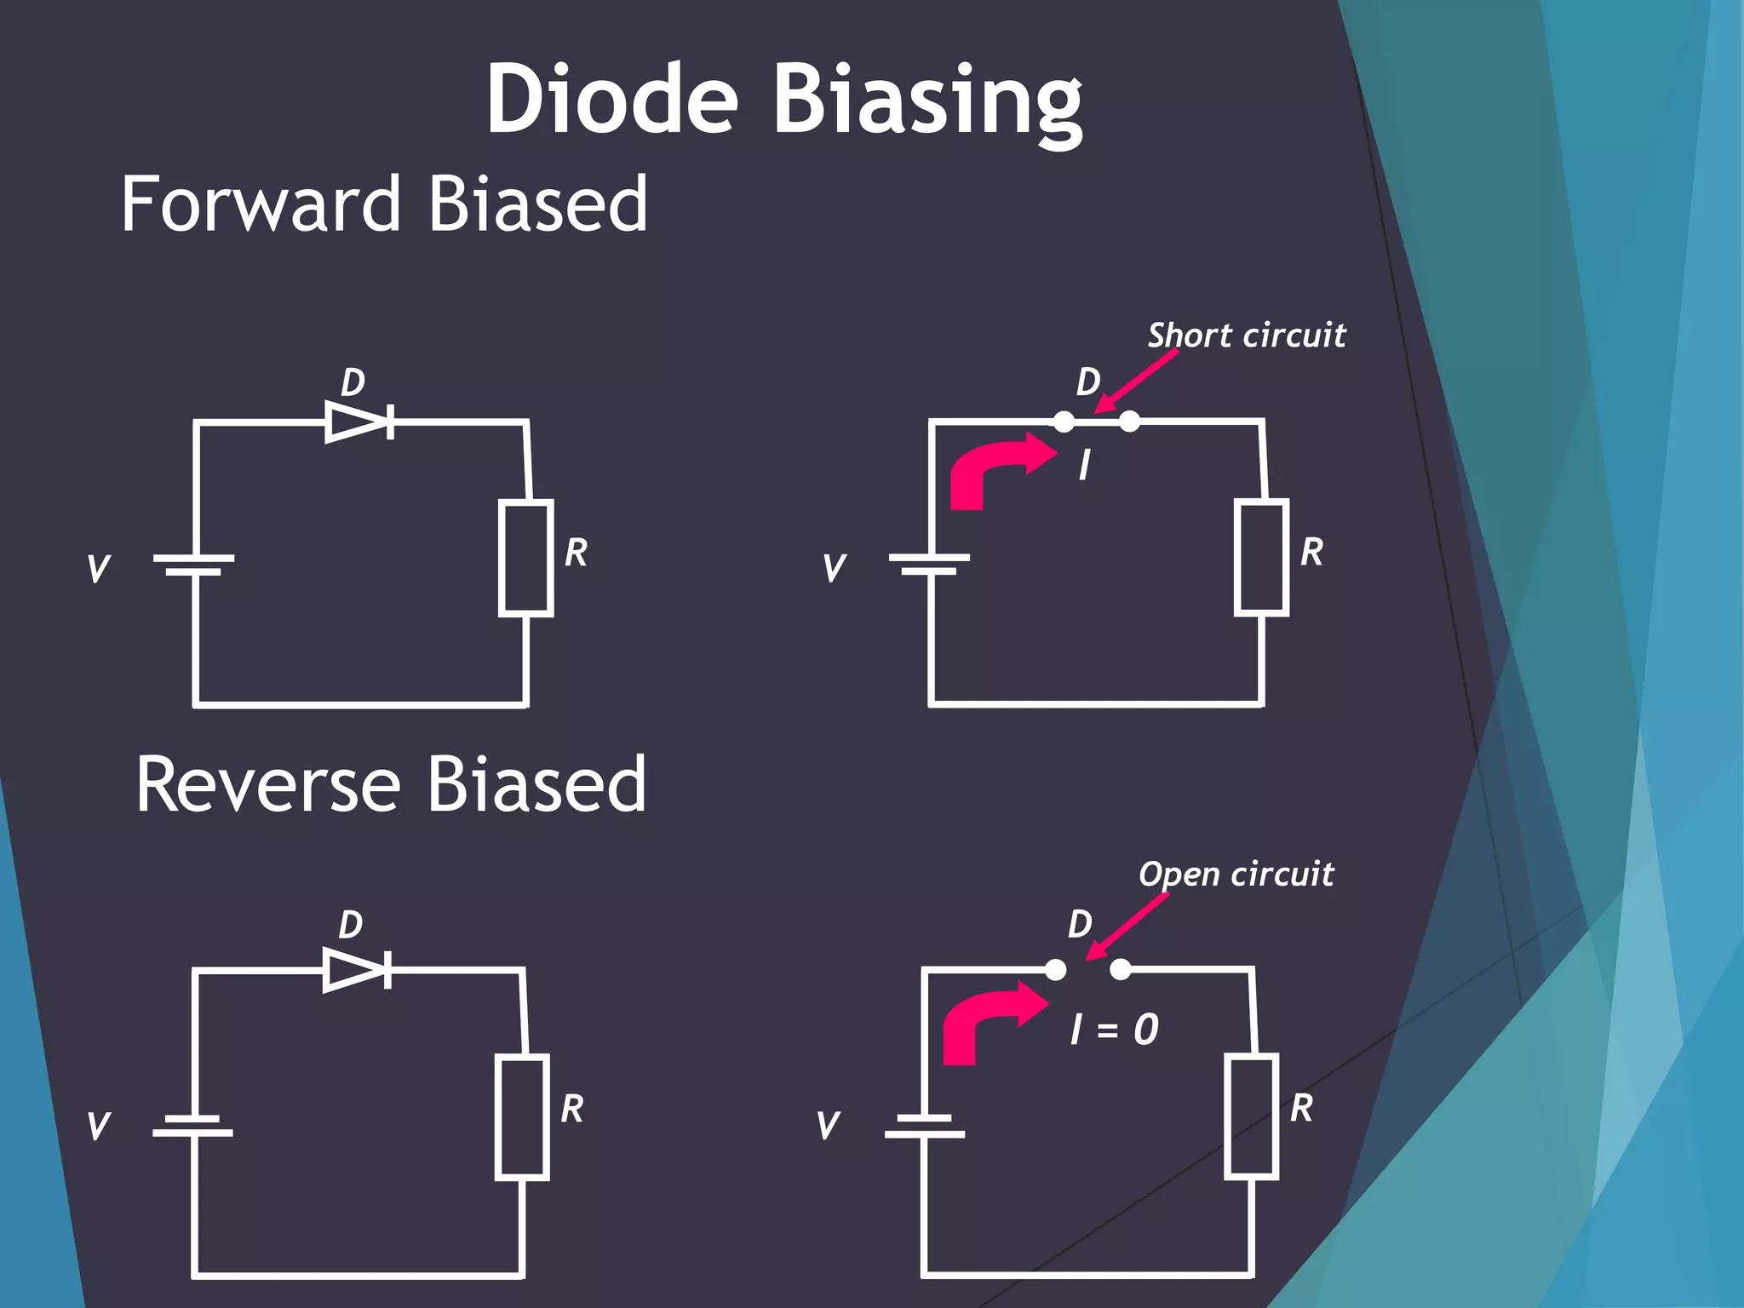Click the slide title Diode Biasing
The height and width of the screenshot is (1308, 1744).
click(x=784, y=100)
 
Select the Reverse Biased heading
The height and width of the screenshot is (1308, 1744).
click(x=391, y=784)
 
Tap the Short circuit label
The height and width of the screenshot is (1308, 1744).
click(x=1247, y=336)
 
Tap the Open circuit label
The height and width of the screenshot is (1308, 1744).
click(x=1236, y=875)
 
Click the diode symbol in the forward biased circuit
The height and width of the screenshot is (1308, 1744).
click(x=359, y=421)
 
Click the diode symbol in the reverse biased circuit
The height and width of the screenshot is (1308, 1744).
click(x=357, y=969)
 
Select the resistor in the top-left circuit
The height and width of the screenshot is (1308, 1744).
click(x=526, y=558)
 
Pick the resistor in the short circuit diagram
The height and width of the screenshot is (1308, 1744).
click(x=1261, y=558)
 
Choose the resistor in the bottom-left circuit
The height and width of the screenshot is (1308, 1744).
click(x=522, y=1117)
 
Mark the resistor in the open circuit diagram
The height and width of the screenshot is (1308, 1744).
click(x=1251, y=1116)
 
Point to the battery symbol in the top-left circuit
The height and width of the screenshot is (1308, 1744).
click(x=194, y=565)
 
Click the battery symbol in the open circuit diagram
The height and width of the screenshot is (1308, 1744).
click(x=925, y=1126)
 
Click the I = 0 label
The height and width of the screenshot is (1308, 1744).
click(x=1114, y=1030)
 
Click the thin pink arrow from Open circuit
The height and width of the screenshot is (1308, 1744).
click(x=1129, y=926)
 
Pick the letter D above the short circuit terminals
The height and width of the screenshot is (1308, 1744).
click(x=1088, y=382)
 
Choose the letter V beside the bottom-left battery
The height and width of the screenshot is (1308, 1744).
click(x=99, y=1126)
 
